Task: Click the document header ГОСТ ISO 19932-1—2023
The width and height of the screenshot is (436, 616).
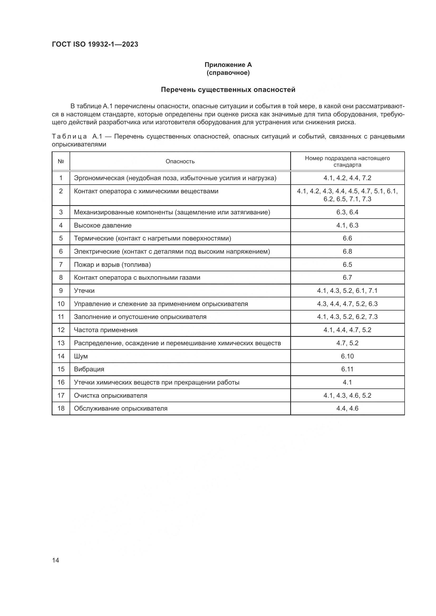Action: [x=95, y=44]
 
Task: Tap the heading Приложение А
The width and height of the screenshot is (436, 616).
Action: [x=228, y=65]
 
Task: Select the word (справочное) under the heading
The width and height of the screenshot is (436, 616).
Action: [x=228, y=73]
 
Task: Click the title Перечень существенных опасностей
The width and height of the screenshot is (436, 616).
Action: [x=228, y=90]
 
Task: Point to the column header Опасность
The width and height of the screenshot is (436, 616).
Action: [x=180, y=161]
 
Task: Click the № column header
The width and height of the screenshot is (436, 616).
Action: [x=61, y=161]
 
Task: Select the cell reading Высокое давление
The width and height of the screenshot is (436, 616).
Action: [x=103, y=225]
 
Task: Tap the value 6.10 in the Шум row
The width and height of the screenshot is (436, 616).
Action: [x=347, y=356]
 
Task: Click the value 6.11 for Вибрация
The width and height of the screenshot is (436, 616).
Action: [x=347, y=369]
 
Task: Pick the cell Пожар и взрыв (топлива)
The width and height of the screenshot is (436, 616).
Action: [x=112, y=265]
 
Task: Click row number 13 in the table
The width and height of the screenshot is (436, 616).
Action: [x=61, y=343]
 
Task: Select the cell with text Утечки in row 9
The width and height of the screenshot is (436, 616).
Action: [x=84, y=291]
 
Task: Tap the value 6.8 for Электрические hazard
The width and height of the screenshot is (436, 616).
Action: [x=347, y=252]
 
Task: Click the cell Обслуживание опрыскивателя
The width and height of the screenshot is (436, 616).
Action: [x=120, y=409]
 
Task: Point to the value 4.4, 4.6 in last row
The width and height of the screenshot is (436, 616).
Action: [x=347, y=409]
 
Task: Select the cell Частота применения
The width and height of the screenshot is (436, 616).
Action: [x=105, y=330]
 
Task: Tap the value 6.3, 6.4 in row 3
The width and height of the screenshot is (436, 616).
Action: [x=347, y=212]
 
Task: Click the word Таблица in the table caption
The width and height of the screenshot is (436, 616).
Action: [x=69, y=137]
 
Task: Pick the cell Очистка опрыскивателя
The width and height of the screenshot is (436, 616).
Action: [x=110, y=396]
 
